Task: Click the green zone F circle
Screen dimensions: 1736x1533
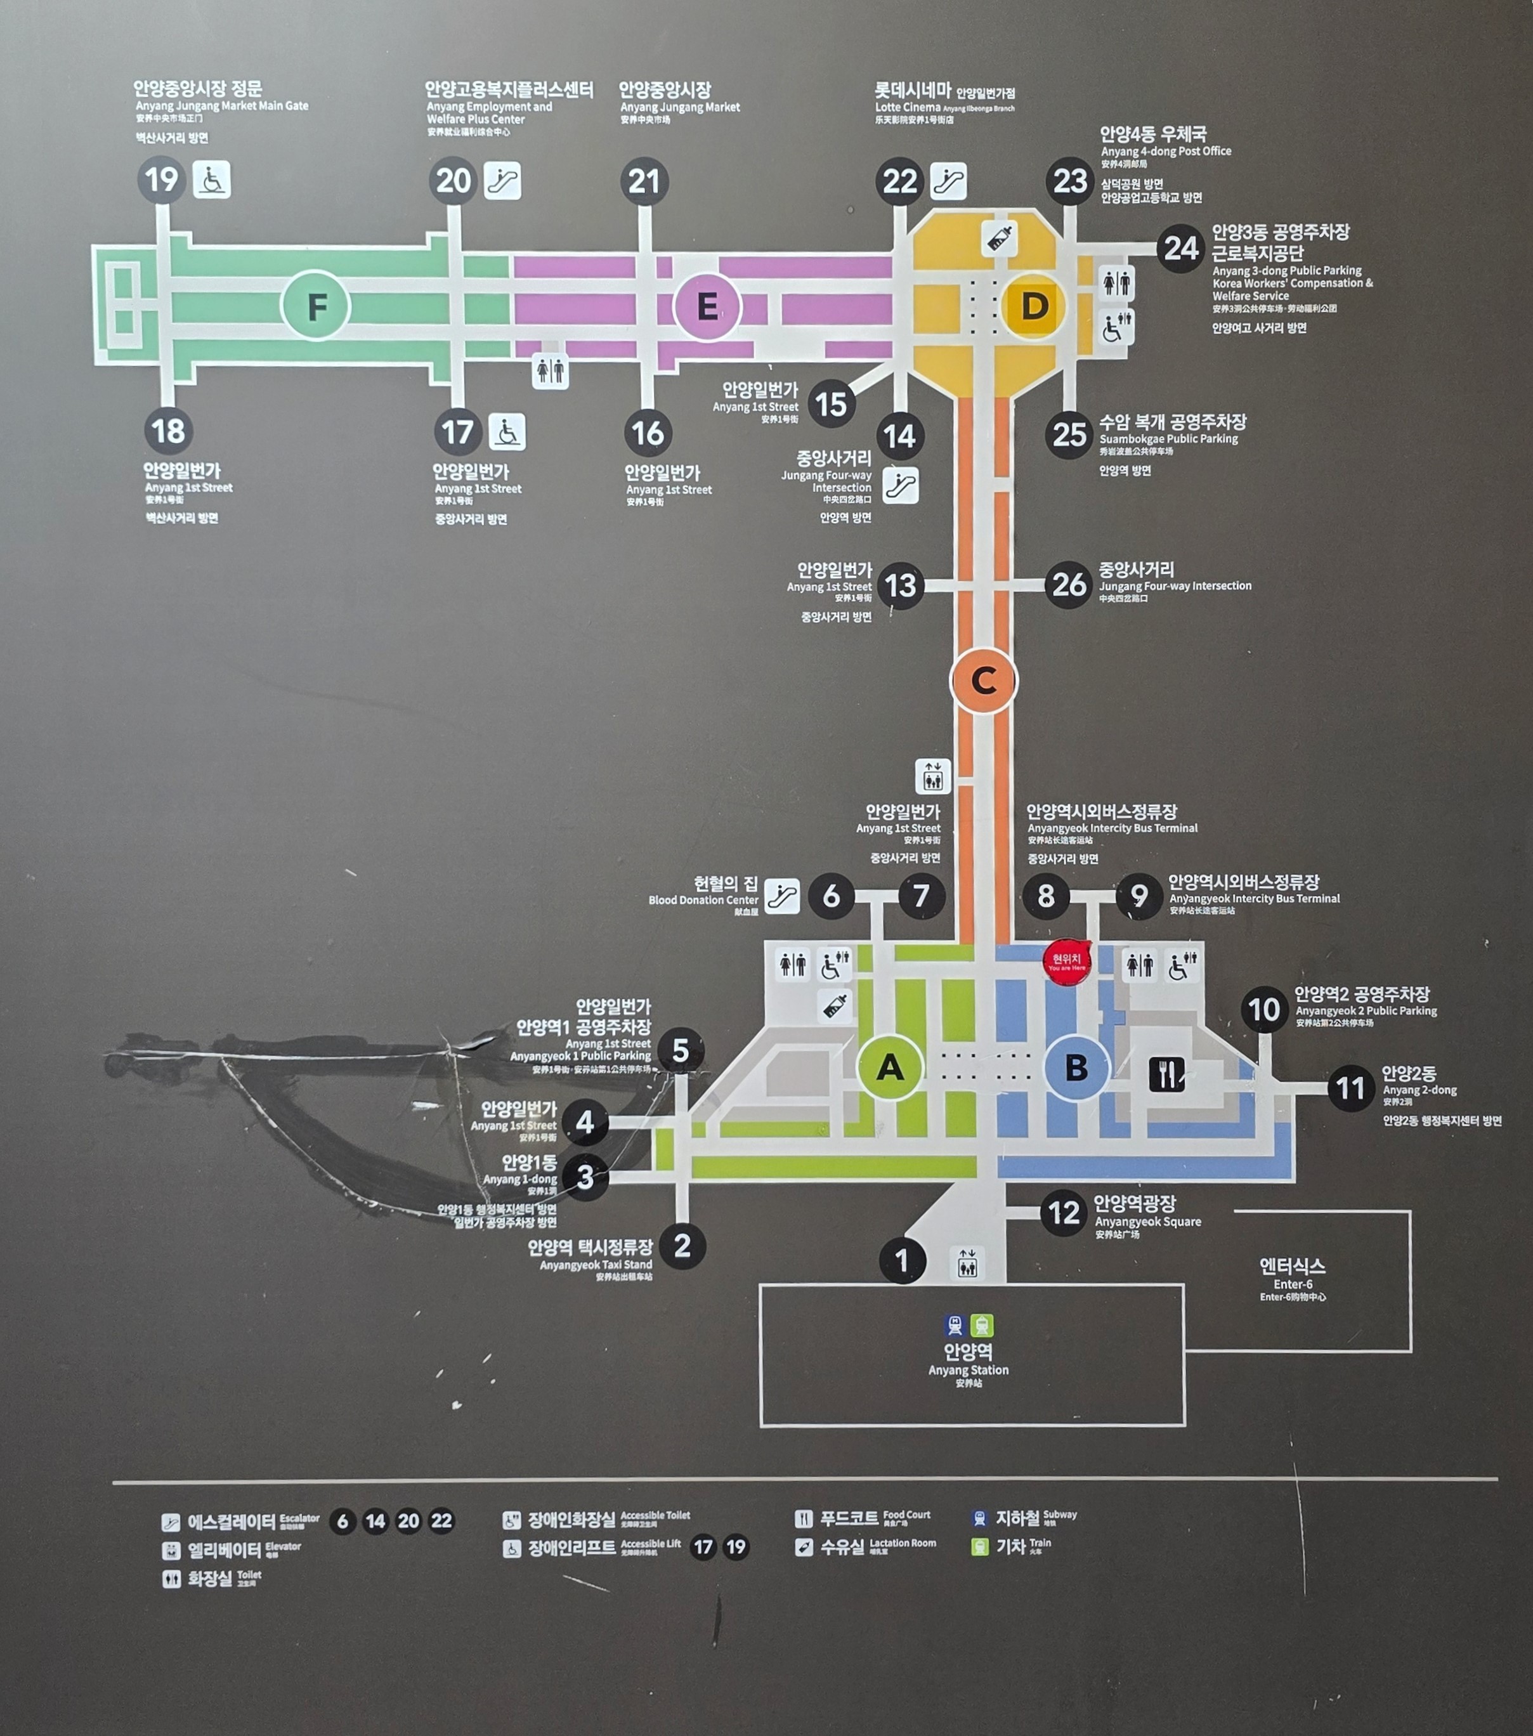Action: pyautogui.click(x=315, y=306)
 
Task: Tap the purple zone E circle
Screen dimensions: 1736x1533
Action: pyautogui.click(x=707, y=306)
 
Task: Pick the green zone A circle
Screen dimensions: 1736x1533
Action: pyautogui.click(x=889, y=1067)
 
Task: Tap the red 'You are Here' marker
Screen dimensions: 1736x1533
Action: pyautogui.click(x=1066, y=962)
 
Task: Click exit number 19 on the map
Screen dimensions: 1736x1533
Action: pyautogui.click(x=161, y=180)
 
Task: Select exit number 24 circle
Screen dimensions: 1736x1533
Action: pyautogui.click(x=1180, y=248)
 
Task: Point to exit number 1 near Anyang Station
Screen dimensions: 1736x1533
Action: pyautogui.click(x=902, y=1260)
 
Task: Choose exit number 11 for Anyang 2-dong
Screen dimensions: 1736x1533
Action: pyautogui.click(x=1350, y=1088)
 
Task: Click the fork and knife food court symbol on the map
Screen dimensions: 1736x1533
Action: pyautogui.click(x=1166, y=1074)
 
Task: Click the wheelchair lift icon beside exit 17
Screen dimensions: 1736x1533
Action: pyautogui.click(x=507, y=433)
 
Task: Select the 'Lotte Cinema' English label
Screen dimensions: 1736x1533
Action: pyautogui.click(x=907, y=107)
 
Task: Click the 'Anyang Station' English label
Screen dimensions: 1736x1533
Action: pyautogui.click(x=969, y=1370)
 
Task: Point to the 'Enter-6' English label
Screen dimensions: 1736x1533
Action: pyautogui.click(x=1293, y=1284)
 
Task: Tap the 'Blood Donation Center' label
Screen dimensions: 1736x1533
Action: pyautogui.click(x=703, y=900)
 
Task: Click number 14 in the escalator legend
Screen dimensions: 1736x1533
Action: pyautogui.click(x=375, y=1521)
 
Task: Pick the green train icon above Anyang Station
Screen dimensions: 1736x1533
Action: pyautogui.click(x=982, y=1325)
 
